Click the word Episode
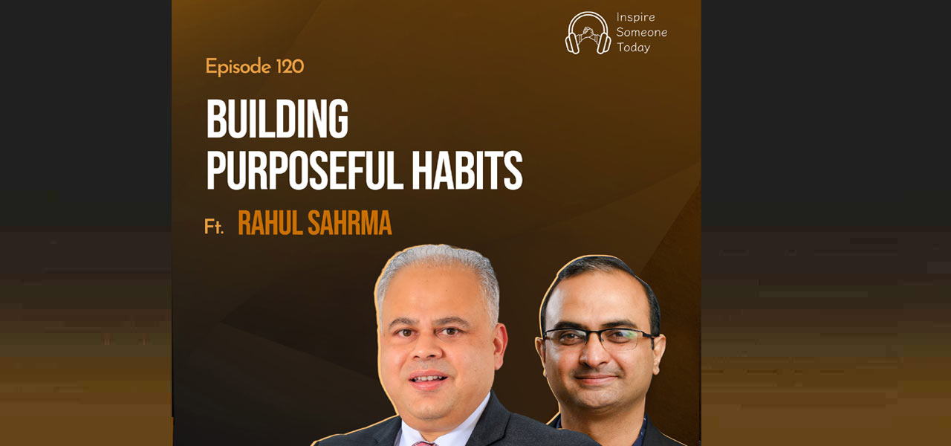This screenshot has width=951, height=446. (x=238, y=67)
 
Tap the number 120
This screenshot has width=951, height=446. (x=290, y=66)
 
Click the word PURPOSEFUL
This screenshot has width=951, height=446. (x=305, y=170)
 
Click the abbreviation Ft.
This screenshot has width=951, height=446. (x=214, y=227)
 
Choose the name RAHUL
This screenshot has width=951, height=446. (x=270, y=222)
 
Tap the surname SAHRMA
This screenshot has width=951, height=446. (x=349, y=222)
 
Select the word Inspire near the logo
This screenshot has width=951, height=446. (x=635, y=18)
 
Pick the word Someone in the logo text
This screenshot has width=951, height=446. (x=641, y=32)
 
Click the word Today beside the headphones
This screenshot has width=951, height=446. (x=634, y=48)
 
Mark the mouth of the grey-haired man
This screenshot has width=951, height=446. (x=428, y=379)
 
